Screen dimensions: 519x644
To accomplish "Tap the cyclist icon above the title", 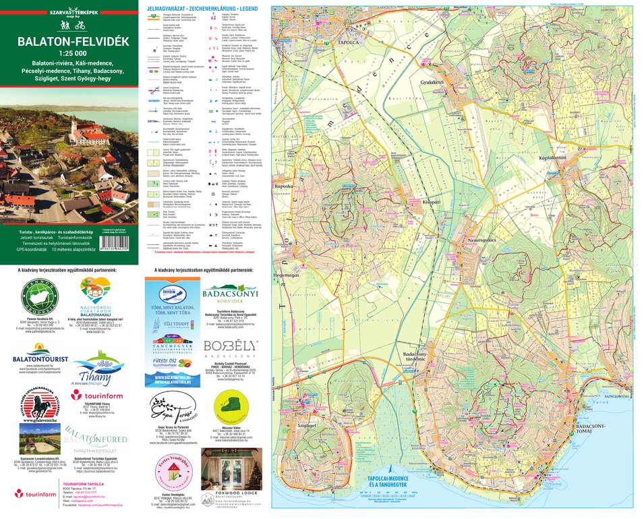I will (80, 26).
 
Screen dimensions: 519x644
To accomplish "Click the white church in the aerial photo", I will (87, 131).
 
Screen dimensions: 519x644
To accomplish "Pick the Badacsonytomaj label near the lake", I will (590, 430).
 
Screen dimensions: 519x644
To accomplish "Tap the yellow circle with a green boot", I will (231, 409).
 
